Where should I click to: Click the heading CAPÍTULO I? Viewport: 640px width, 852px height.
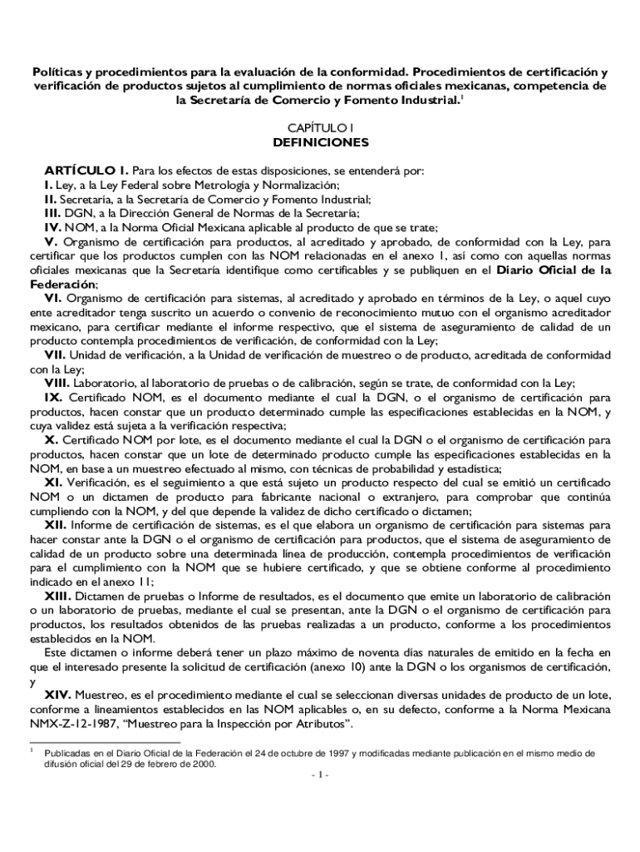[320, 127]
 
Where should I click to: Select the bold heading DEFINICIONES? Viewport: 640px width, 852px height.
[320, 142]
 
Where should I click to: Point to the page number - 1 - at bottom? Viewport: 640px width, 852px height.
[320, 775]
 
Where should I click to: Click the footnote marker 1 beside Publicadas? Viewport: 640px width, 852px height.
[32, 751]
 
